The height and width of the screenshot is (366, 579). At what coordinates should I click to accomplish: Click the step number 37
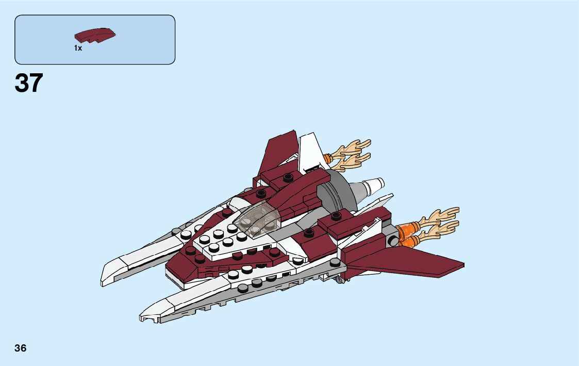(29, 83)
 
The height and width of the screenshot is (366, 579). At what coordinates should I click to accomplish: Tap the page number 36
(21, 348)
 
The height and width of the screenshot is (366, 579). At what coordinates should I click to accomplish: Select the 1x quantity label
(78, 48)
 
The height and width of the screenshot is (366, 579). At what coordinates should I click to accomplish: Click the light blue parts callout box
(95, 39)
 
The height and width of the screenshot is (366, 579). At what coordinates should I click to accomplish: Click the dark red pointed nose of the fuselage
(178, 266)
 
